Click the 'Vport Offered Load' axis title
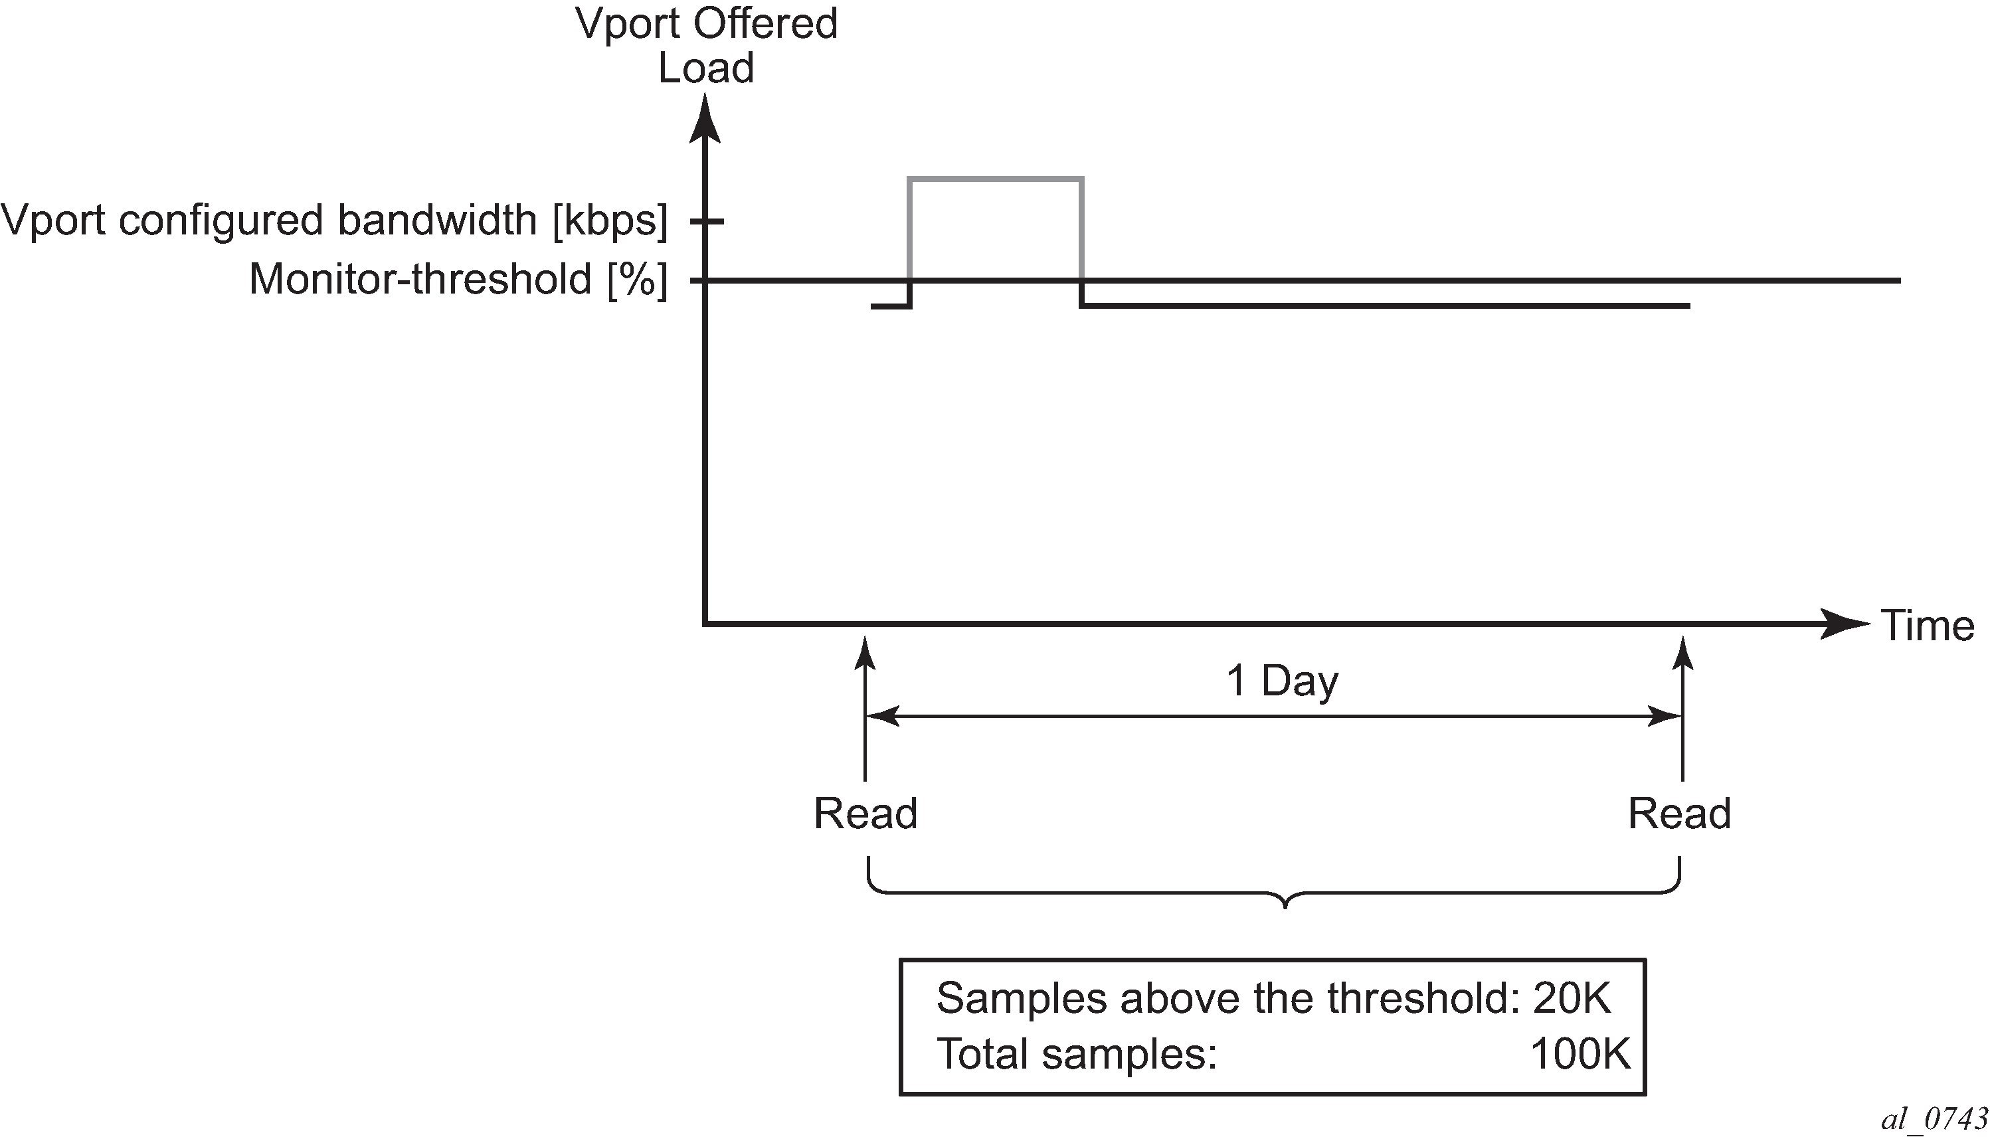[706, 45]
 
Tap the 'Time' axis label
[1928, 626]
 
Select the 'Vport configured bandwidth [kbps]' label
[335, 220]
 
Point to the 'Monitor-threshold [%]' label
[458, 280]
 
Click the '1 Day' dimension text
[1282, 681]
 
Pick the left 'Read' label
[865, 814]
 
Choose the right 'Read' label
[1679, 814]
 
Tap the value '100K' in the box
[1580, 1054]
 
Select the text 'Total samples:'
[1077, 1054]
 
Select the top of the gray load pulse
[995, 180]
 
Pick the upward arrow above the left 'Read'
[865, 709]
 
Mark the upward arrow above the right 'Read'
[1682, 709]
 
